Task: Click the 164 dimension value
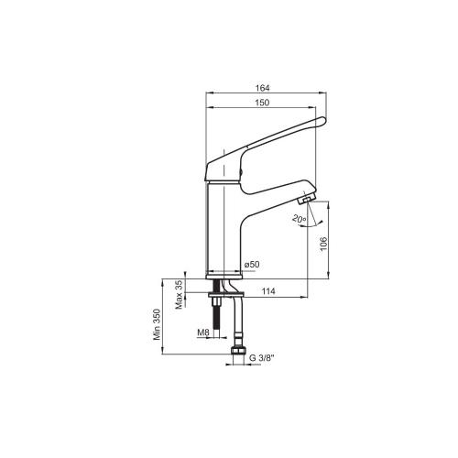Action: click(263, 88)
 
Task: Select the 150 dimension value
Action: click(263, 103)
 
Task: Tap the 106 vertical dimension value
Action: click(323, 244)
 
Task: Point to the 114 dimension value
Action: click(268, 291)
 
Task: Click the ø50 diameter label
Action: click(252, 264)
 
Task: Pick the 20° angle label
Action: click(299, 219)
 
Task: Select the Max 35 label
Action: click(179, 294)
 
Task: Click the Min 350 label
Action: click(157, 324)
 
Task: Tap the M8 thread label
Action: click(203, 333)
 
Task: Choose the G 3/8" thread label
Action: click(260, 358)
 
